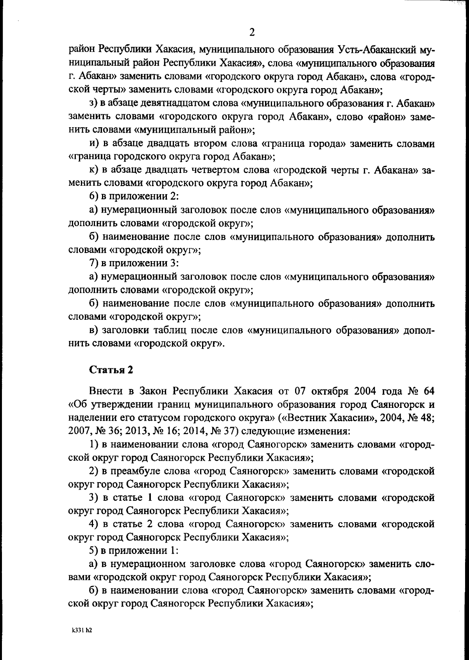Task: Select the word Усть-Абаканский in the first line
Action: coord(375,50)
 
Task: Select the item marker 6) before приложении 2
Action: coord(94,197)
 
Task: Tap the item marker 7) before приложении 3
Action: coord(94,263)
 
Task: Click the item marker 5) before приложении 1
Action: coord(94,551)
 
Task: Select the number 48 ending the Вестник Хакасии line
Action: coord(427,418)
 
